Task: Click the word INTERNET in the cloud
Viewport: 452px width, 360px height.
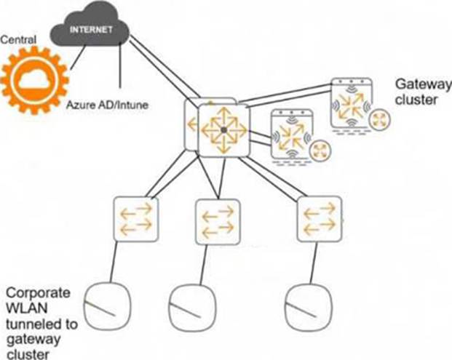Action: click(91, 30)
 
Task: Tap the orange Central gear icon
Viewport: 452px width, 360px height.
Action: click(35, 80)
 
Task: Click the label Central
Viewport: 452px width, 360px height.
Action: click(18, 40)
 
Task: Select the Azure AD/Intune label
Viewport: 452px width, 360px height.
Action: click(107, 105)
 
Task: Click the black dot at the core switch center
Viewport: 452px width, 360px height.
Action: click(223, 130)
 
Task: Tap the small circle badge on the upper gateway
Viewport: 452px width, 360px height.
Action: click(380, 119)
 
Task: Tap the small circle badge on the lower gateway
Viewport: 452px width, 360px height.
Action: click(320, 151)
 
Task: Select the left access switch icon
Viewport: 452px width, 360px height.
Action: click(136, 219)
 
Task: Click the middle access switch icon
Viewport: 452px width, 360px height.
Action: click(218, 222)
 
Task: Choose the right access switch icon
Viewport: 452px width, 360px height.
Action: click(320, 219)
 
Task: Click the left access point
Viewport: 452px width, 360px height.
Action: click(107, 306)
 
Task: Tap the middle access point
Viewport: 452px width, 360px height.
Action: click(192, 308)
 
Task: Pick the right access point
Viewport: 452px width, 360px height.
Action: click(309, 308)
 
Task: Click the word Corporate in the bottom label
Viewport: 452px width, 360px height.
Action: click(38, 293)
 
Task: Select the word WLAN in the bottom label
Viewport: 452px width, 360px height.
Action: click(27, 308)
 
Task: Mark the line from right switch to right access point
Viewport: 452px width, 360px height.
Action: click(314, 263)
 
